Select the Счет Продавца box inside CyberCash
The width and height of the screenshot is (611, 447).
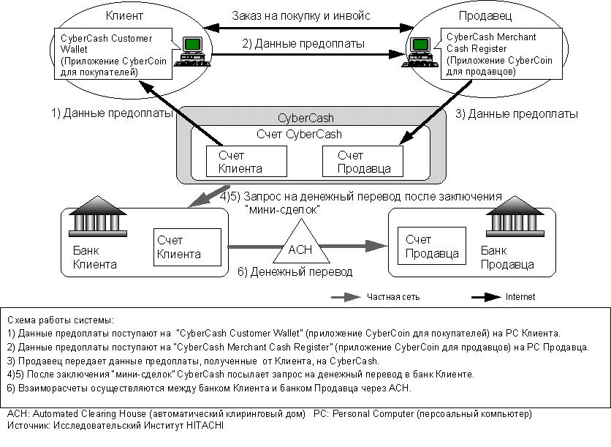[x=363, y=162]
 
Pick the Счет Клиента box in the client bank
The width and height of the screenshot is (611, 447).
[x=187, y=247]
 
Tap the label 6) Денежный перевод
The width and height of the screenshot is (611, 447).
[x=295, y=272]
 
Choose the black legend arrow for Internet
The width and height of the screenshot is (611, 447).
[x=485, y=298]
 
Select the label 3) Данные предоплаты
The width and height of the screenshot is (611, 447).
[x=517, y=114]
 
